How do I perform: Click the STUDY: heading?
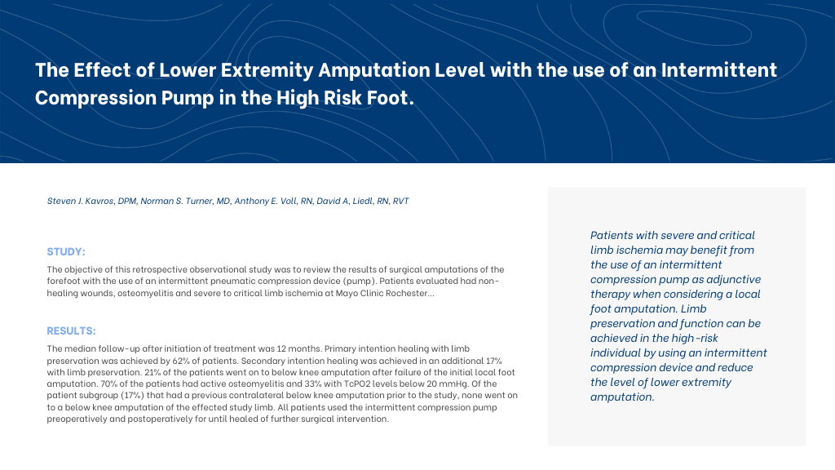tap(66, 251)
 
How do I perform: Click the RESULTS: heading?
tap(72, 331)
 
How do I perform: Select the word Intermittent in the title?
tap(719, 70)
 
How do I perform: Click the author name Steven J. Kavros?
tap(81, 201)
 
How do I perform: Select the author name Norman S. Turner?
tap(177, 201)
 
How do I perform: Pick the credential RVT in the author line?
tap(400, 201)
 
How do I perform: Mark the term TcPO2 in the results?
tap(358, 384)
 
